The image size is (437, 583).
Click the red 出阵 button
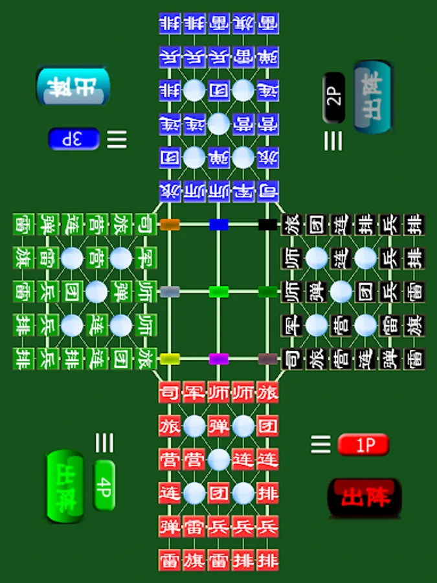(x=364, y=497)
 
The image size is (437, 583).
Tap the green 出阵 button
(x=65, y=486)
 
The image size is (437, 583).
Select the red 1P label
(x=363, y=445)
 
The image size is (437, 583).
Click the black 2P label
(x=334, y=98)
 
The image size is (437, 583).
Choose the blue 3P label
(x=74, y=139)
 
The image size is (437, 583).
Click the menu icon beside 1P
(x=320, y=444)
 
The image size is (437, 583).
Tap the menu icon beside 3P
(x=117, y=139)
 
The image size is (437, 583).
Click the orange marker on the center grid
(x=170, y=225)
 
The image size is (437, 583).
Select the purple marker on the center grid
(x=219, y=358)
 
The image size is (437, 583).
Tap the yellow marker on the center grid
(x=170, y=358)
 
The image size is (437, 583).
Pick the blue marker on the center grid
(x=219, y=225)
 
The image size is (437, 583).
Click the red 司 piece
(x=170, y=393)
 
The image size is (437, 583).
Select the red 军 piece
(x=194, y=393)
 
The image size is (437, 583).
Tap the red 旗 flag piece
(x=194, y=559)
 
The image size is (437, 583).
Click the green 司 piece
(x=146, y=225)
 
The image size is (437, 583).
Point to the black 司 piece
(x=292, y=358)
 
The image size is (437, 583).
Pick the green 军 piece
(x=146, y=258)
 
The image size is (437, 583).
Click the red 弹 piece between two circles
(x=219, y=426)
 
